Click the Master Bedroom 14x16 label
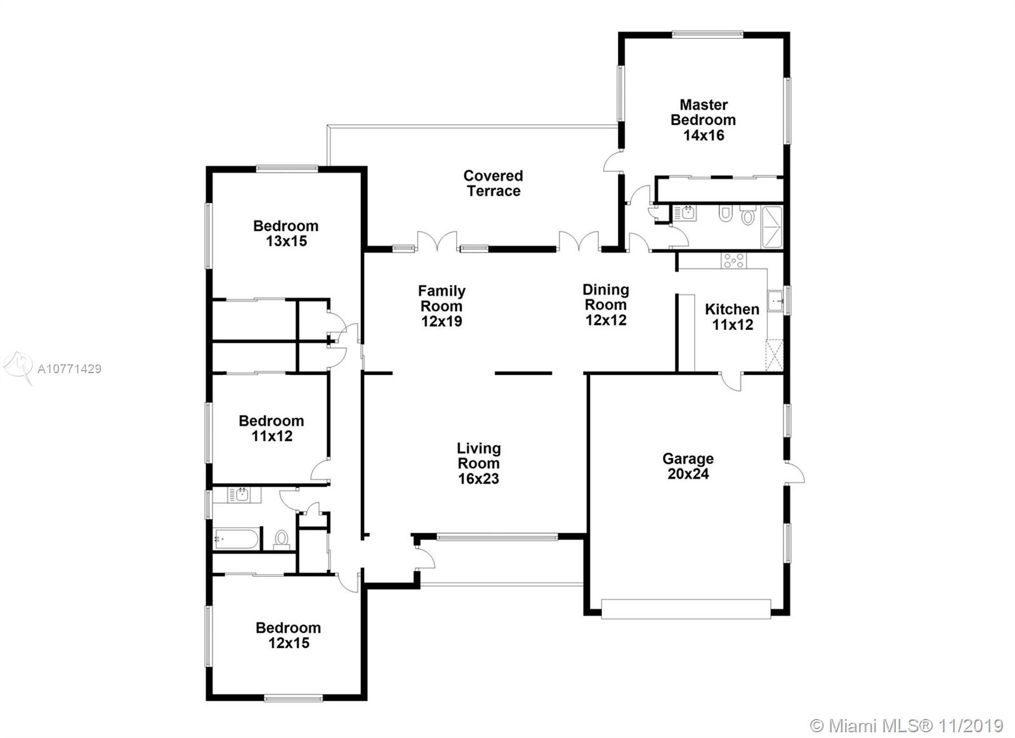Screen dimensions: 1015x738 pos(704,120)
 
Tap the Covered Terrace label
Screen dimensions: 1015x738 pos(493,183)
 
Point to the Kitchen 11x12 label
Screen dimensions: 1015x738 pos(732,317)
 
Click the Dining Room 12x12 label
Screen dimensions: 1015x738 pos(606,305)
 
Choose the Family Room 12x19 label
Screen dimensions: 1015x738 pos(442,306)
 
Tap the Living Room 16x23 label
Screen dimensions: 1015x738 pos(478,463)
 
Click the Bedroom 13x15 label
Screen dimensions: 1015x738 pos(286,234)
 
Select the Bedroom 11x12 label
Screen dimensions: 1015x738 pos(272,428)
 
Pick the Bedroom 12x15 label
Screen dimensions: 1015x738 pos(289,635)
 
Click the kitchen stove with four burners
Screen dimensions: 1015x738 pos(733,261)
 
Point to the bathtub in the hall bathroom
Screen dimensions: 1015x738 pos(237,539)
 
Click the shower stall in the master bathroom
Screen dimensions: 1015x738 pos(772,227)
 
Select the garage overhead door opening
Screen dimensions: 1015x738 pos(686,609)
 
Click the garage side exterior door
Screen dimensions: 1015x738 pos(796,473)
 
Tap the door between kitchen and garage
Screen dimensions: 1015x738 pos(730,381)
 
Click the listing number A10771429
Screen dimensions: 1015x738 pos(69,369)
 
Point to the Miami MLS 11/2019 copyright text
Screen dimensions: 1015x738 pos(907,726)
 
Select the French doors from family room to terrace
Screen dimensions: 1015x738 pos(437,241)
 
